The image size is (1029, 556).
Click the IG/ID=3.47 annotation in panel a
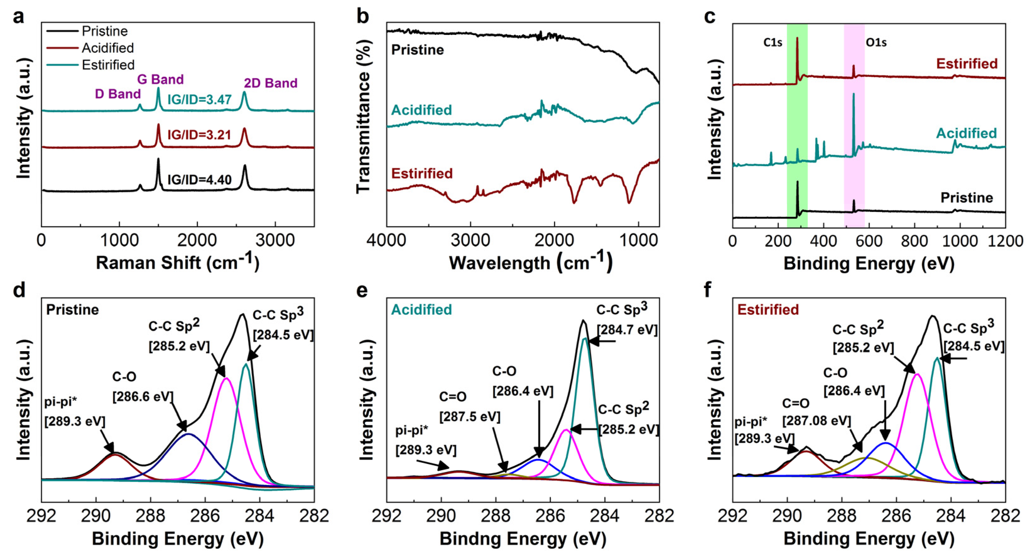point(199,99)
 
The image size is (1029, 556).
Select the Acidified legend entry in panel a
point(107,48)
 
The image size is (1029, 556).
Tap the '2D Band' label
point(270,83)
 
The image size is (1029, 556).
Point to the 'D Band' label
point(117,94)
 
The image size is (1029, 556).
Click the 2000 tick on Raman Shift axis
point(197,241)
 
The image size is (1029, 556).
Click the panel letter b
point(363,17)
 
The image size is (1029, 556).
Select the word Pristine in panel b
point(417,50)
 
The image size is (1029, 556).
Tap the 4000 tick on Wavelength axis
point(386,241)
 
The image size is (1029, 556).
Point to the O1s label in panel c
point(876,42)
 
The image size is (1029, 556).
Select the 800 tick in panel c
point(914,241)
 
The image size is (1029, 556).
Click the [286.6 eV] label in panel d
point(143,397)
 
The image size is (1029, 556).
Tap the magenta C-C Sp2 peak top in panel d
point(226,378)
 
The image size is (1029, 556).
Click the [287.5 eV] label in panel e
point(470,417)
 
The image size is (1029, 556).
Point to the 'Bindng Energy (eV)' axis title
point(523,539)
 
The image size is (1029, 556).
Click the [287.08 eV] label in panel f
point(816,421)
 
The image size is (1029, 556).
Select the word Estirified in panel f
point(768,310)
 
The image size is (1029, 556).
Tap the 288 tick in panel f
point(842,515)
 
